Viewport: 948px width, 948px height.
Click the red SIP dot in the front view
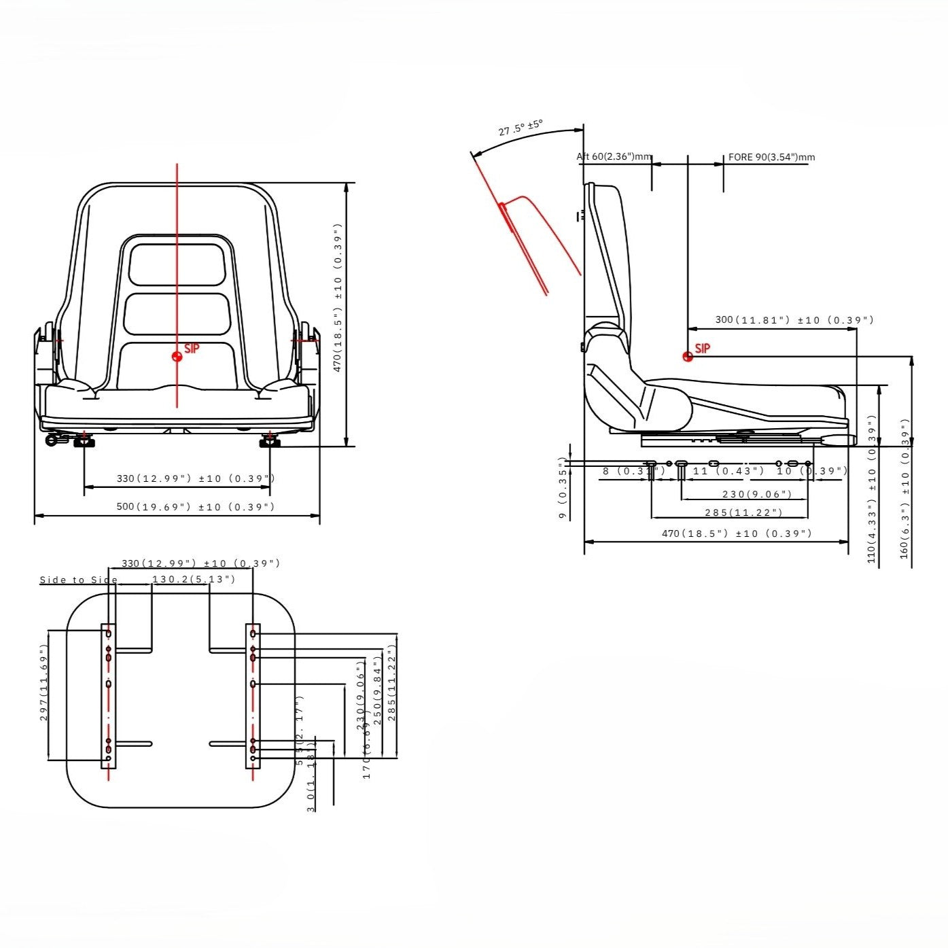[177, 356]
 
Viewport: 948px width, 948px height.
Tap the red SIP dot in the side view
[688, 356]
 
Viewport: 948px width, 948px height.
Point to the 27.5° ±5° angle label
[521, 128]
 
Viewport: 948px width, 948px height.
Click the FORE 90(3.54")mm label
[771, 157]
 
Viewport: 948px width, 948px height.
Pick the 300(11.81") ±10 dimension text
[794, 320]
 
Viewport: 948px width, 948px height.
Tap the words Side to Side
[79, 580]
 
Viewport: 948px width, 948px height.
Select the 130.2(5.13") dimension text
[194, 580]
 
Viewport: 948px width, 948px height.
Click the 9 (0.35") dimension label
[563, 487]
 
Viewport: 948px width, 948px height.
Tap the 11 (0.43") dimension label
[728, 471]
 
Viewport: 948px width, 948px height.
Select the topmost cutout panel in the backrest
[177, 265]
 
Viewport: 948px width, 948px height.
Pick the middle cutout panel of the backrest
[177, 313]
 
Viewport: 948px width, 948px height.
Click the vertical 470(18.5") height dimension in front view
[338, 298]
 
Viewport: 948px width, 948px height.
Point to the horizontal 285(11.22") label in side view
[743, 512]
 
